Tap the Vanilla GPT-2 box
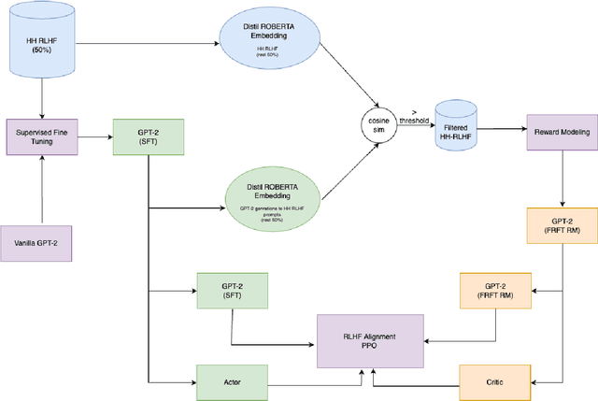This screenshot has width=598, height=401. click(42, 242)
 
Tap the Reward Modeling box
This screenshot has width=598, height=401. click(561, 133)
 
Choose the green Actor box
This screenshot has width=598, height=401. click(231, 381)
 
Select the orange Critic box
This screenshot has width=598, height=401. click(495, 381)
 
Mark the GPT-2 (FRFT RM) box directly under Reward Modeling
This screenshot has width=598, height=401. click(562, 224)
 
